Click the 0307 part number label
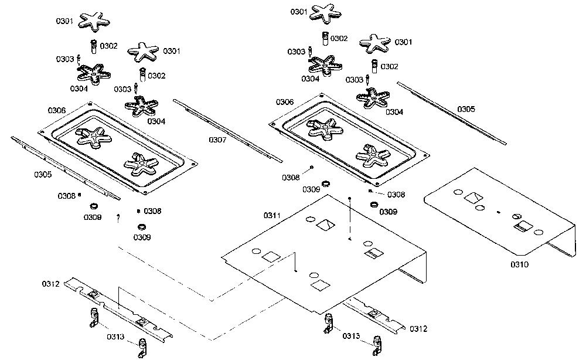217,140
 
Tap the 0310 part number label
519,264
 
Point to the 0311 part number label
272,215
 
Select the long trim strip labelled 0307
228,131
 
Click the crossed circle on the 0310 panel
516,217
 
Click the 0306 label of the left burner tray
57,110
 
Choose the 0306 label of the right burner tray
285,102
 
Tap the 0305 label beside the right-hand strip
466,109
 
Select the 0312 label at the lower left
51,284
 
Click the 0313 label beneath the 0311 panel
351,336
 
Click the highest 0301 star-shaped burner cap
326,13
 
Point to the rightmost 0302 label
390,66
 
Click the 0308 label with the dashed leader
396,195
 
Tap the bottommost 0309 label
142,237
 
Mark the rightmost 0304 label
394,112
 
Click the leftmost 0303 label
65,59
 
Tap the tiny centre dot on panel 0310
498,212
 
